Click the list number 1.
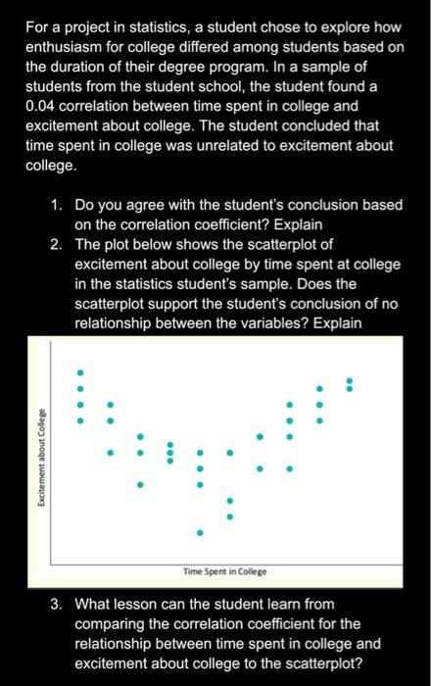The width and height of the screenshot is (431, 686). (x=58, y=206)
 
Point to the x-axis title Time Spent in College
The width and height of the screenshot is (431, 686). (x=224, y=571)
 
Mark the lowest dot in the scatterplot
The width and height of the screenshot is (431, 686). (x=200, y=533)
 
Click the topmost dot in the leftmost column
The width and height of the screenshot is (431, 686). (x=81, y=372)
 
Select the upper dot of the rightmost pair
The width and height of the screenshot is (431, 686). (x=349, y=380)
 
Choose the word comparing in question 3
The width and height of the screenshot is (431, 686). (x=112, y=622)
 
